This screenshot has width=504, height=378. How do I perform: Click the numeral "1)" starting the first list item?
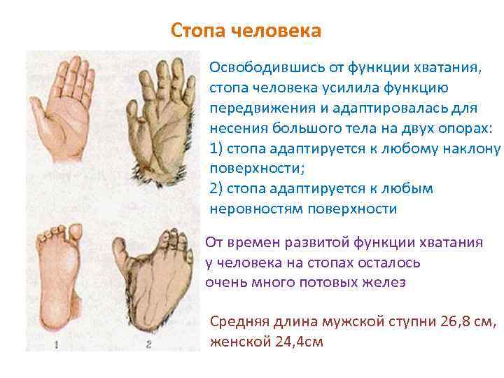coord(216,149)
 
